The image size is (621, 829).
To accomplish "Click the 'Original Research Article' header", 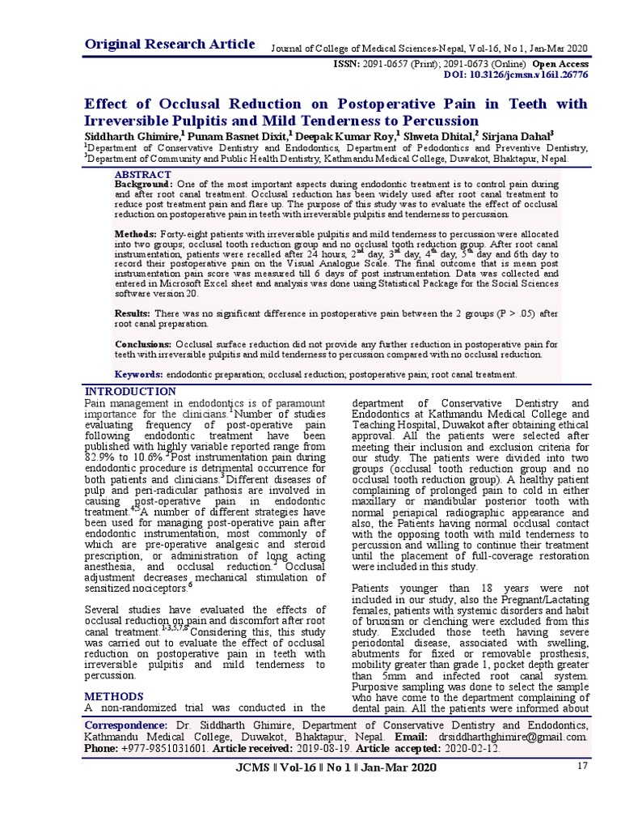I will [171, 44].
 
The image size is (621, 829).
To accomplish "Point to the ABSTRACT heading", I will [143, 175].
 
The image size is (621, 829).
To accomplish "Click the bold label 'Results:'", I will [133, 313].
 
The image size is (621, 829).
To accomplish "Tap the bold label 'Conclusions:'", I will [143, 344].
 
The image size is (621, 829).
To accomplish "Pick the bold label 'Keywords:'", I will [139, 374].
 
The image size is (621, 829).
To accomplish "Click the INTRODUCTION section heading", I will [130, 392].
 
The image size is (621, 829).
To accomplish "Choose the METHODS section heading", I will [114, 696].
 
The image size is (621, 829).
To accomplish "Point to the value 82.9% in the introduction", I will [102, 457].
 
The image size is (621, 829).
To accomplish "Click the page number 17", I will [581, 766].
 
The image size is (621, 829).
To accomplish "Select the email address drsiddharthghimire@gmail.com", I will [522, 738].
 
